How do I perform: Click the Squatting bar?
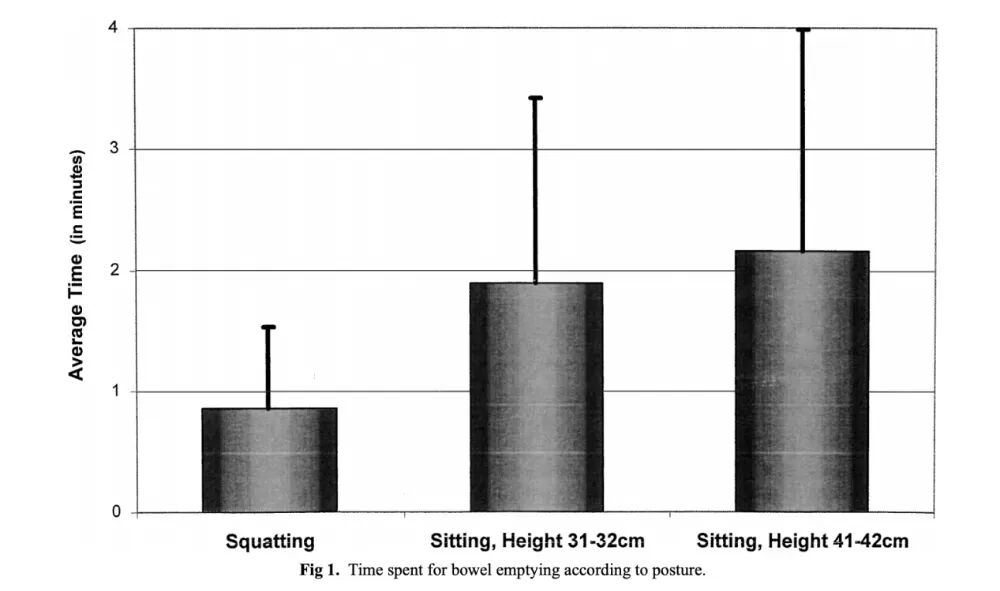click(269, 460)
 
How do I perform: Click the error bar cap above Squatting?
click(269, 327)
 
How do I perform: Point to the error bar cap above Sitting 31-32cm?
click(536, 98)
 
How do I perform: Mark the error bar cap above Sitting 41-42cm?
click(802, 30)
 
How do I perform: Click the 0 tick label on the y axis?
click(116, 513)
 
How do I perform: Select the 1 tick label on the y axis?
click(116, 392)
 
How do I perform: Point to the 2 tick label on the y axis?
click(116, 271)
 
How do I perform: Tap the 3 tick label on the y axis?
click(116, 149)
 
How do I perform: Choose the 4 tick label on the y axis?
click(116, 28)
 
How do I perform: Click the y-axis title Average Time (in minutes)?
click(77, 264)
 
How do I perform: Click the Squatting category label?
click(270, 542)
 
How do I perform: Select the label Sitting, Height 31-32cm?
click(537, 542)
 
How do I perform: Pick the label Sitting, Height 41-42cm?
click(803, 542)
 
